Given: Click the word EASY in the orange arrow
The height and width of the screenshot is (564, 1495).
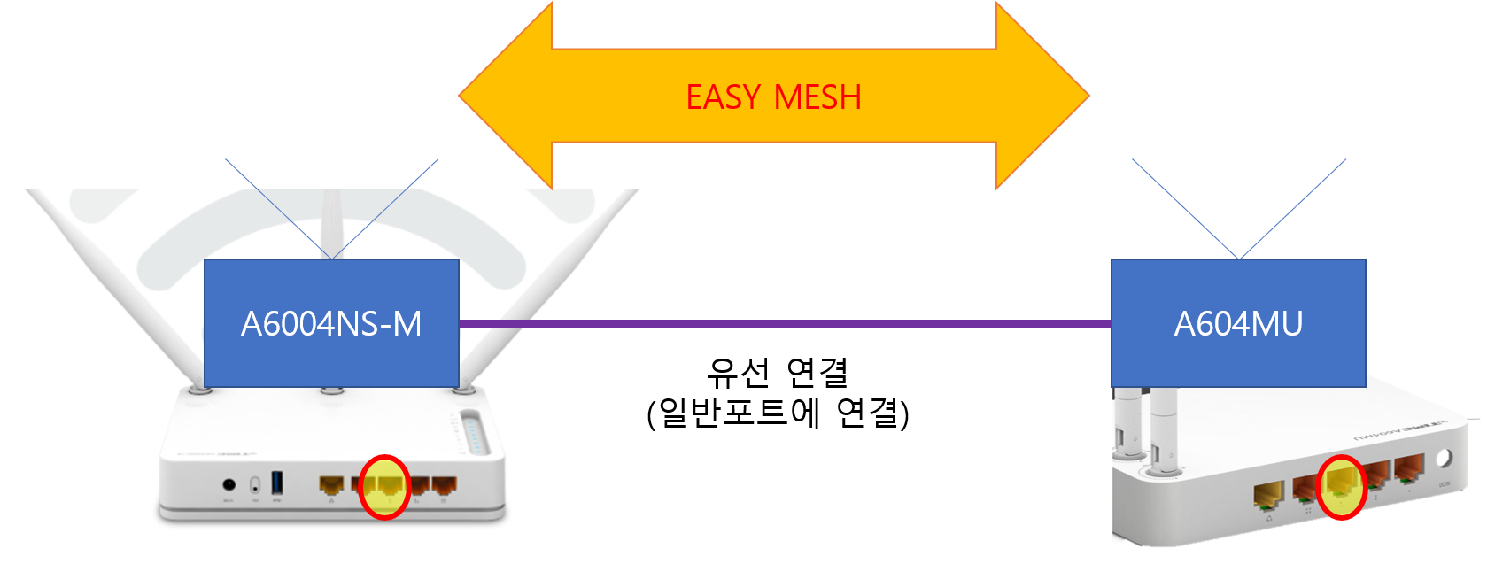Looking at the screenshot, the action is pyautogui.click(x=724, y=97).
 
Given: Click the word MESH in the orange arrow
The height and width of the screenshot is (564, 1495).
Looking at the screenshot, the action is pyautogui.click(x=817, y=97).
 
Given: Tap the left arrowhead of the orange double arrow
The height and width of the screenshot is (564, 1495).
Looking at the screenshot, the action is pyautogui.click(x=506, y=96).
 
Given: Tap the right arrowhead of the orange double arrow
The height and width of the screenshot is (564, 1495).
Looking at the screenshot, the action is pyautogui.click(x=1042, y=96).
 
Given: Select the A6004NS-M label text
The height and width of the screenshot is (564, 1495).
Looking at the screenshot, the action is pyautogui.click(x=331, y=324).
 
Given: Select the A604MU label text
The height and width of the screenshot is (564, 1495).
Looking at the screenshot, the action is pyautogui.click(x=1238, y=324).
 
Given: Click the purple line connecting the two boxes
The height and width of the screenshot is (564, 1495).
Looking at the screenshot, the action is pyautogui.click(x=785, y=324).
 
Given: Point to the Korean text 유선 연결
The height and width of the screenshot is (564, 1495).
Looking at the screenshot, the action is pyautogui.click(x=778, y=373).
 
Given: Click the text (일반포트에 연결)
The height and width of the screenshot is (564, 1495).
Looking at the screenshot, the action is pyautogui.click(x=778, y=413).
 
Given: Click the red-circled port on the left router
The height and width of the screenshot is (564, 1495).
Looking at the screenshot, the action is pyautogui.click(x=384, y=487).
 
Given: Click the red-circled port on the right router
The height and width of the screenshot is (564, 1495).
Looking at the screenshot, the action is pyautogui.click(x=1341, y=487).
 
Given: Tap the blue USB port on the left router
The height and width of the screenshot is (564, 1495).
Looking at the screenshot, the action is pyautogui.click(x=277, y=482).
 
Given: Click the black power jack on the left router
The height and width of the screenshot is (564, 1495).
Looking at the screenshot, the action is pyautogui.click(x=229, y=484).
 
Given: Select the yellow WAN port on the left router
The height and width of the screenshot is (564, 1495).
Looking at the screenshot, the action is pyautogui.click(x=331, y=484).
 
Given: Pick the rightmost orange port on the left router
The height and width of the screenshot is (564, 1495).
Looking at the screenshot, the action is pyautogui.click(x=444, y=484).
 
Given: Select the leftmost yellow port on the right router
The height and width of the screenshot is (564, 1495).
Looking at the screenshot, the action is pyautogui.click(x=1268, y=495).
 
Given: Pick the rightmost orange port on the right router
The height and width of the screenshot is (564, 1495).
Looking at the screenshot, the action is pyautogui.click(x=1409, y=468).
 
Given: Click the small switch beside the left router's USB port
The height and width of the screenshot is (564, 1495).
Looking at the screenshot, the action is pyautogui.click(x=255, y=484).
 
